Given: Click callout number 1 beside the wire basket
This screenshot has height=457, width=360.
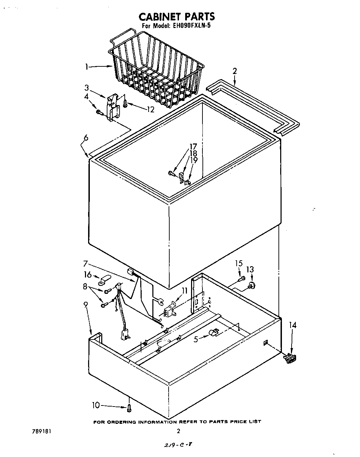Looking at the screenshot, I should tap(87, 67).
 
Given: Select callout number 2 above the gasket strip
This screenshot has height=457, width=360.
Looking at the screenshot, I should tap(235, 71).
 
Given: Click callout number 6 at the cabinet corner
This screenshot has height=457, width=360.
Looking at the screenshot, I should tap(86, 138).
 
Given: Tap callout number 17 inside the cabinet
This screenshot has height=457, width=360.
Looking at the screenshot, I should tap(193, 146).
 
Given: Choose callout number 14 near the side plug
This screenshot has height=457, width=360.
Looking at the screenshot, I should tap(293, 325).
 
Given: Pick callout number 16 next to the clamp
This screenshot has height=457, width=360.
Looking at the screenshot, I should tap(88, 275).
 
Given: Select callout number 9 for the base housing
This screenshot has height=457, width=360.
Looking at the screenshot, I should tap(86, 304).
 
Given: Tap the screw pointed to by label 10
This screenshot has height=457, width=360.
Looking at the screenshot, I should tap(129, 409).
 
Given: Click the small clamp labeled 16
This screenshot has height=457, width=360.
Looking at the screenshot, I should tap(103, 280).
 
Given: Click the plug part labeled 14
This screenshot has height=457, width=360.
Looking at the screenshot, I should tap(290, 358).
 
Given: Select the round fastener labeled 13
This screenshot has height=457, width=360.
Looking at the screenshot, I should tap(251, 285).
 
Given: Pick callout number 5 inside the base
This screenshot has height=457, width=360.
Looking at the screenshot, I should tap(196, 339).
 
